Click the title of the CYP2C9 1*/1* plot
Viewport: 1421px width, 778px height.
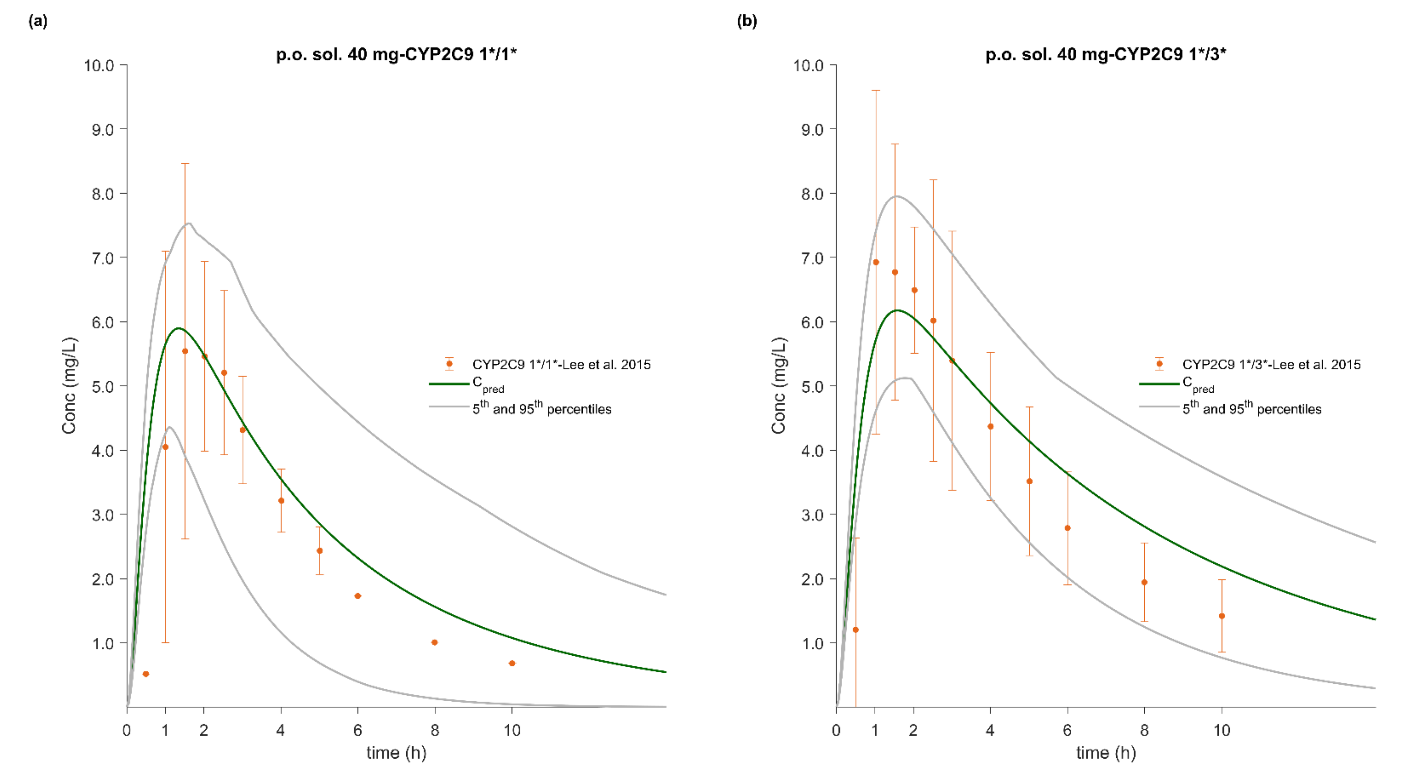pyautogui.click(x=396, y=54)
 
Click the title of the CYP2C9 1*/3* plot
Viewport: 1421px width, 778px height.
pyautogui.click(x=1106, y=54)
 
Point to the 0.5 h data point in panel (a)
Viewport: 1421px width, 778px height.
pyautogui.click(x=146, y=674)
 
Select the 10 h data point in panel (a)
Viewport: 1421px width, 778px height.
pyautogui.click(x=512, y=663)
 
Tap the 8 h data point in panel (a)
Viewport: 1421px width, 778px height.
pyautogui.click(x=435, y=642)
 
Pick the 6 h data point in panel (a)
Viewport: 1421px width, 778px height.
pyautogui.click(x=357, y=596)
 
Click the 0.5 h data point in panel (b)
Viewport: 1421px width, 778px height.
pyautogui.click(x=856, y=630)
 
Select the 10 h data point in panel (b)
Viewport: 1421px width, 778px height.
pyautogui.click(x=1222, y=616)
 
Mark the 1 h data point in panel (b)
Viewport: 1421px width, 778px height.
pyautogui.click(x=876, y=262)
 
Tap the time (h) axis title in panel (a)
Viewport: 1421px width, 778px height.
pyautogui.click(x=396, y=753)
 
